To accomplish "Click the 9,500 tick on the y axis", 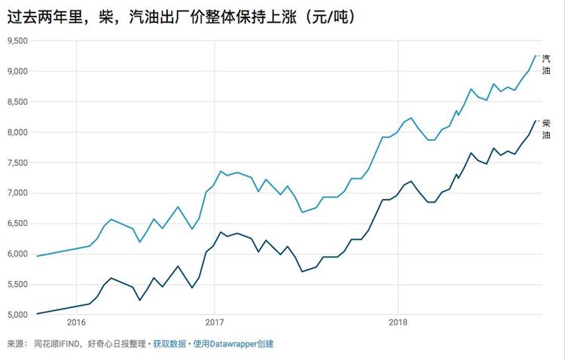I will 17,41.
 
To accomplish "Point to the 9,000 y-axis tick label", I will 17,72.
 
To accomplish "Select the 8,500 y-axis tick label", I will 17,102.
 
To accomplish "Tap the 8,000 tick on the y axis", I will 17,133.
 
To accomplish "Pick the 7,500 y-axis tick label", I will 17,163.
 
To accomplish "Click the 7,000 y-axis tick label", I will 17,193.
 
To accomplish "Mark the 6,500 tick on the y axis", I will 17,224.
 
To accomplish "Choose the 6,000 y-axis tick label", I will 17,254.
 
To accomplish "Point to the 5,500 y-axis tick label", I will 17,285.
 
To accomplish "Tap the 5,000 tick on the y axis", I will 17,315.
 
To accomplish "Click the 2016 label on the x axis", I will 76,324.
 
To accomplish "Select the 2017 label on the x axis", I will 215,324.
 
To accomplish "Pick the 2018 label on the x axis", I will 398,324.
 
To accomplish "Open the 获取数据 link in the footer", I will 169,344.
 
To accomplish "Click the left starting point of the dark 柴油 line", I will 37,313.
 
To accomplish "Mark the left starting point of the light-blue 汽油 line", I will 37,256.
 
